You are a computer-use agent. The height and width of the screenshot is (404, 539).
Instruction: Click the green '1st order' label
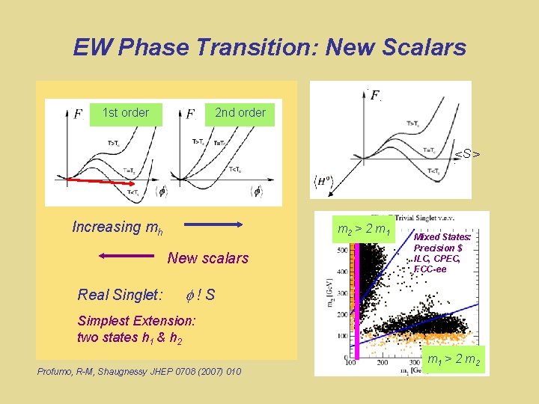coord(125,113)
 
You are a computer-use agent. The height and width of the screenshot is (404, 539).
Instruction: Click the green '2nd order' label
coord(240,113)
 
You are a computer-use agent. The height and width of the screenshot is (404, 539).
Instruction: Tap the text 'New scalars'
coord(207,258)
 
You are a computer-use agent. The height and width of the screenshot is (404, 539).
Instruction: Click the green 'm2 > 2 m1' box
coord(364,229)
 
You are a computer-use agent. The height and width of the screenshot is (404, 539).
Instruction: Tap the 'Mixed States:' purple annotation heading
coord(443,237)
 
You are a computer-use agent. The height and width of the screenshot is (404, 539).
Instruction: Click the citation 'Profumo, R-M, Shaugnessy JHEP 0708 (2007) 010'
coord(138,371)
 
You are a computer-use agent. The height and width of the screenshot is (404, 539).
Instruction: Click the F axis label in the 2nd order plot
coord(191,114)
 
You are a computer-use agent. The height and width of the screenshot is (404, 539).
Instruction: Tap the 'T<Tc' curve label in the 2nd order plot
coord(234,168)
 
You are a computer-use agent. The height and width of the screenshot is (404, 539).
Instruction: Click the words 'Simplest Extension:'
coord(137,320)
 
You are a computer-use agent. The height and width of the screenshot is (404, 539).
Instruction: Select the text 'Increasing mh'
coord(117,227)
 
